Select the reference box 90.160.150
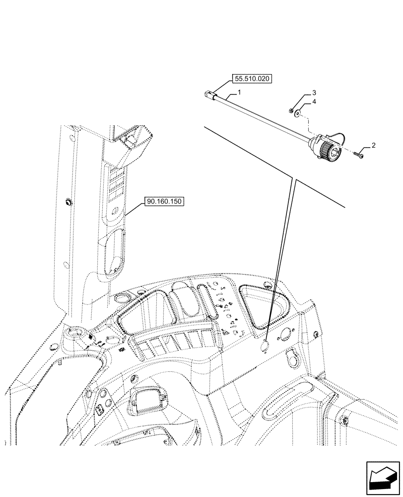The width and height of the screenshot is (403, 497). (x=164, y=202)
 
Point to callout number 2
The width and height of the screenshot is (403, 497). (x=373, y=146)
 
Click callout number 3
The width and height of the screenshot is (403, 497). (x=314, y=93)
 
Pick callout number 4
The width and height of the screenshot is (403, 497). (x=314, y=102)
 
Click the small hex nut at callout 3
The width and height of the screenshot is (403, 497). (x=290, y=110)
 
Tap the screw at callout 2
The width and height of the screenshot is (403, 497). (x=359, y=156)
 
